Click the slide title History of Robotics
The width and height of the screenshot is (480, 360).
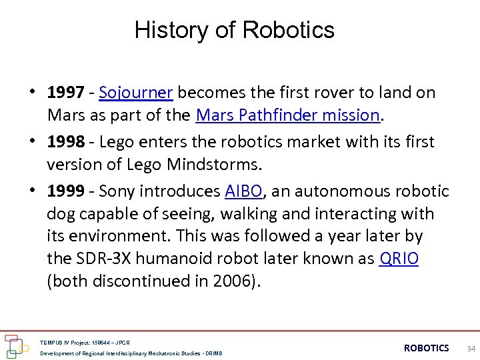click(x=234, y=30)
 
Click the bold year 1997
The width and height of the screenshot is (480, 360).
click(x=65, y=93)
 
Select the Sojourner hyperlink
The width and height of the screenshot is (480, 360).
click(x=136, y=93)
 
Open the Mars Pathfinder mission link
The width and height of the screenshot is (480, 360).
click(x=288, y=115)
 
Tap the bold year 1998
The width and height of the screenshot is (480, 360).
click(x=65, y=142)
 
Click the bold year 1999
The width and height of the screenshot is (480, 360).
click(x=65, y=191)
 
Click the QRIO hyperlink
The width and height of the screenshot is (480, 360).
click(x=398, y=259)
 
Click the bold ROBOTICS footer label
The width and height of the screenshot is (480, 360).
click(x=426, y=348)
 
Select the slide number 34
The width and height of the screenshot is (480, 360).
click(x=471, y=348)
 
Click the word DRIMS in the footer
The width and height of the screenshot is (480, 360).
click(x=213, y=353)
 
